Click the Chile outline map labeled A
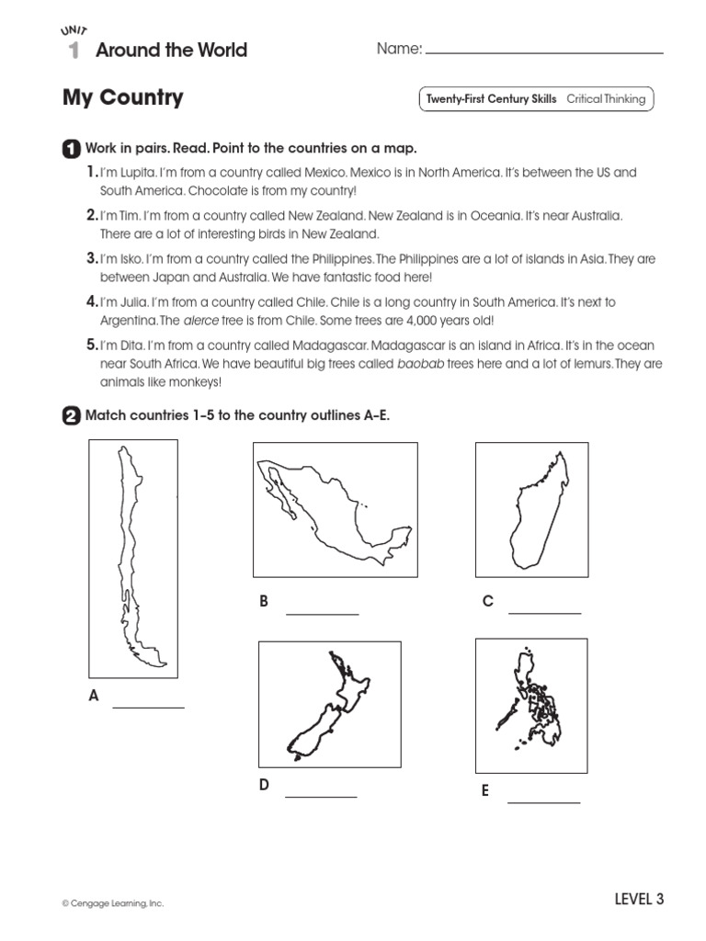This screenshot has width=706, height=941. pyautogui.click(x=133, y=558)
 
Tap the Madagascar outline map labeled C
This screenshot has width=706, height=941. pyautogui.click(x=531, y=510)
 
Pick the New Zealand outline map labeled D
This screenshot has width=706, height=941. pyautogui.click(x=329, y=703)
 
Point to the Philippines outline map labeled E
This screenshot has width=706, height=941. pyautogui.click(x=530, y=704)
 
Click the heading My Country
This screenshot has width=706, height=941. pyautogui.click(x=122, y=97)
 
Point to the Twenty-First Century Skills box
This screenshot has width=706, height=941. pyautogui.click(x=535, y=99)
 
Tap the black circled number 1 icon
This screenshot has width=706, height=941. pyautogui.click(x=70, y=149)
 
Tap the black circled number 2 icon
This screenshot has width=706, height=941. pyautogui.click(x=70, y=416)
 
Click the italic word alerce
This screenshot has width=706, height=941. pyautogui.click(x=201, y=321)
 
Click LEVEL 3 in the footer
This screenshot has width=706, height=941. pyautogui.click(x=638, y=900)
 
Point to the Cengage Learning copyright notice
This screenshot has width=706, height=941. pyautogui.click(x=113, y=904)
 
